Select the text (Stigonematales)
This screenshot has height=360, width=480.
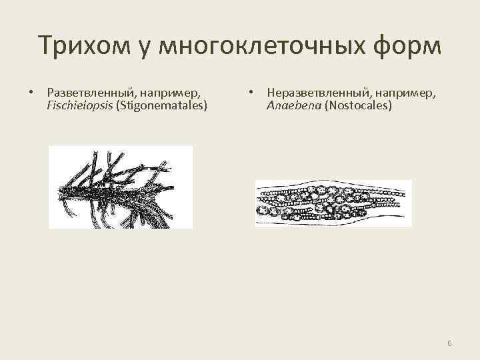[162, 105]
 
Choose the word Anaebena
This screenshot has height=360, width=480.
[293, 105]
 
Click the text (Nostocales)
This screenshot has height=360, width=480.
[358, 105]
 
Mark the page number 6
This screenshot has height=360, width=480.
[449, 343]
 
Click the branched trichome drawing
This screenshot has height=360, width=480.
[121, 187]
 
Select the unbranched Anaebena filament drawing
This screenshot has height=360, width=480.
[333, 203]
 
